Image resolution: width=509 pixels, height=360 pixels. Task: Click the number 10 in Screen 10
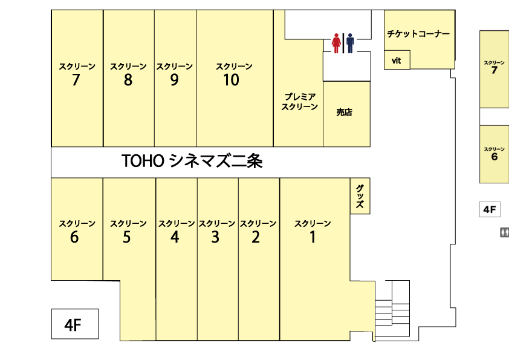(x=231, y=80)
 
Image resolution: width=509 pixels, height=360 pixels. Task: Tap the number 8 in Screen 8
(x=128, y=80)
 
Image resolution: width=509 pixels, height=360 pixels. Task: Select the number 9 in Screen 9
(x=174, y=80)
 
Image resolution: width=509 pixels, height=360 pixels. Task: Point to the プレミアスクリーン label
(x=299, y=102)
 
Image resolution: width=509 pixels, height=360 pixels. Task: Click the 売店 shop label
(x=345, y=112)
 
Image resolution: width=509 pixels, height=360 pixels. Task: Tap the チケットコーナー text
(x=418, y=34)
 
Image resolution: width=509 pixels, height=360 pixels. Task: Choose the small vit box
(x=397, y=60)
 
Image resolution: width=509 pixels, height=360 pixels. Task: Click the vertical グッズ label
(x=360, y=196)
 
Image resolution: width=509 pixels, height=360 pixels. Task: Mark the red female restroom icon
(x=336, y=43)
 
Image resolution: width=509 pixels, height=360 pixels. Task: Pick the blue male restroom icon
(x=350, y=43)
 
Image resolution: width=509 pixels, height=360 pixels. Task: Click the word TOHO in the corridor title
(x=143, y=161)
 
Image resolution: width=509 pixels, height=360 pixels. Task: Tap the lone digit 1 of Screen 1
(x=313, y=237)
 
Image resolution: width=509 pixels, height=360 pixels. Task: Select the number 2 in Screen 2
(x=256, y=237)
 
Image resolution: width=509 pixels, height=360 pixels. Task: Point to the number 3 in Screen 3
(x=215, y=237)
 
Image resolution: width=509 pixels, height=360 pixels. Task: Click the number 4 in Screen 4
(x=175, y=237)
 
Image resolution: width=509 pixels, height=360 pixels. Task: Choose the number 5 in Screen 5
(x=126, y=237)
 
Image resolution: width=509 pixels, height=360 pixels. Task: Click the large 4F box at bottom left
(x=75, y=324)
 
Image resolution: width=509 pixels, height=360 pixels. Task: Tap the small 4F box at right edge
(x=490, y=209)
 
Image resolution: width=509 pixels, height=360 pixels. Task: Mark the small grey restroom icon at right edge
(x=504, y=232)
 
